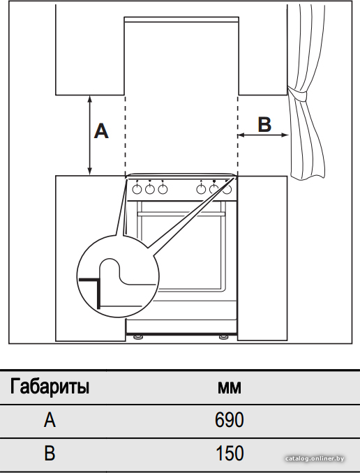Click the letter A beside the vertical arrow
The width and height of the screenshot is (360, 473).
(x=101, y=131)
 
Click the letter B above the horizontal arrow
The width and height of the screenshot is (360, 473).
(x=264, y=124)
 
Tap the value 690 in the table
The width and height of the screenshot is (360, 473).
(x=230, y=419)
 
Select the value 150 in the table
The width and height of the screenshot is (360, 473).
(x=230, y=453)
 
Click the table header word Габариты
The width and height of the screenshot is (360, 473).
(x=50, y=386)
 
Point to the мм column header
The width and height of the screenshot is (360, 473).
(x=230, y=388)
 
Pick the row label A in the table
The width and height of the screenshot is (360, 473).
(x=50, y=419)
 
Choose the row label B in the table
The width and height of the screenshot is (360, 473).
(x=50, y=453)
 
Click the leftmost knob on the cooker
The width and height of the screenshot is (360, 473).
(x=137, y=190)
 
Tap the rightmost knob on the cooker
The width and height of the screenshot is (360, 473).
(x=227, y=190)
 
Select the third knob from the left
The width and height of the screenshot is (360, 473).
(x=163, y=190)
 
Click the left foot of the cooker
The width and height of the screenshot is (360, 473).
(x=139, y=337)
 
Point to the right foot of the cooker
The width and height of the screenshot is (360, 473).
(x=223, y=337)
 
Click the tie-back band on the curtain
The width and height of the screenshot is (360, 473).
(x=297, y=94)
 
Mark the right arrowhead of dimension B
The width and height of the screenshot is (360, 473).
(x=285, y=135)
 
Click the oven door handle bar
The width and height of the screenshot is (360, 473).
(x=181, y=214)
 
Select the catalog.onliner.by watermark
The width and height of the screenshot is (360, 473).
(x=315, y=458)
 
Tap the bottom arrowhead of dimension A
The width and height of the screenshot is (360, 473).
(x=89, y=172)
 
